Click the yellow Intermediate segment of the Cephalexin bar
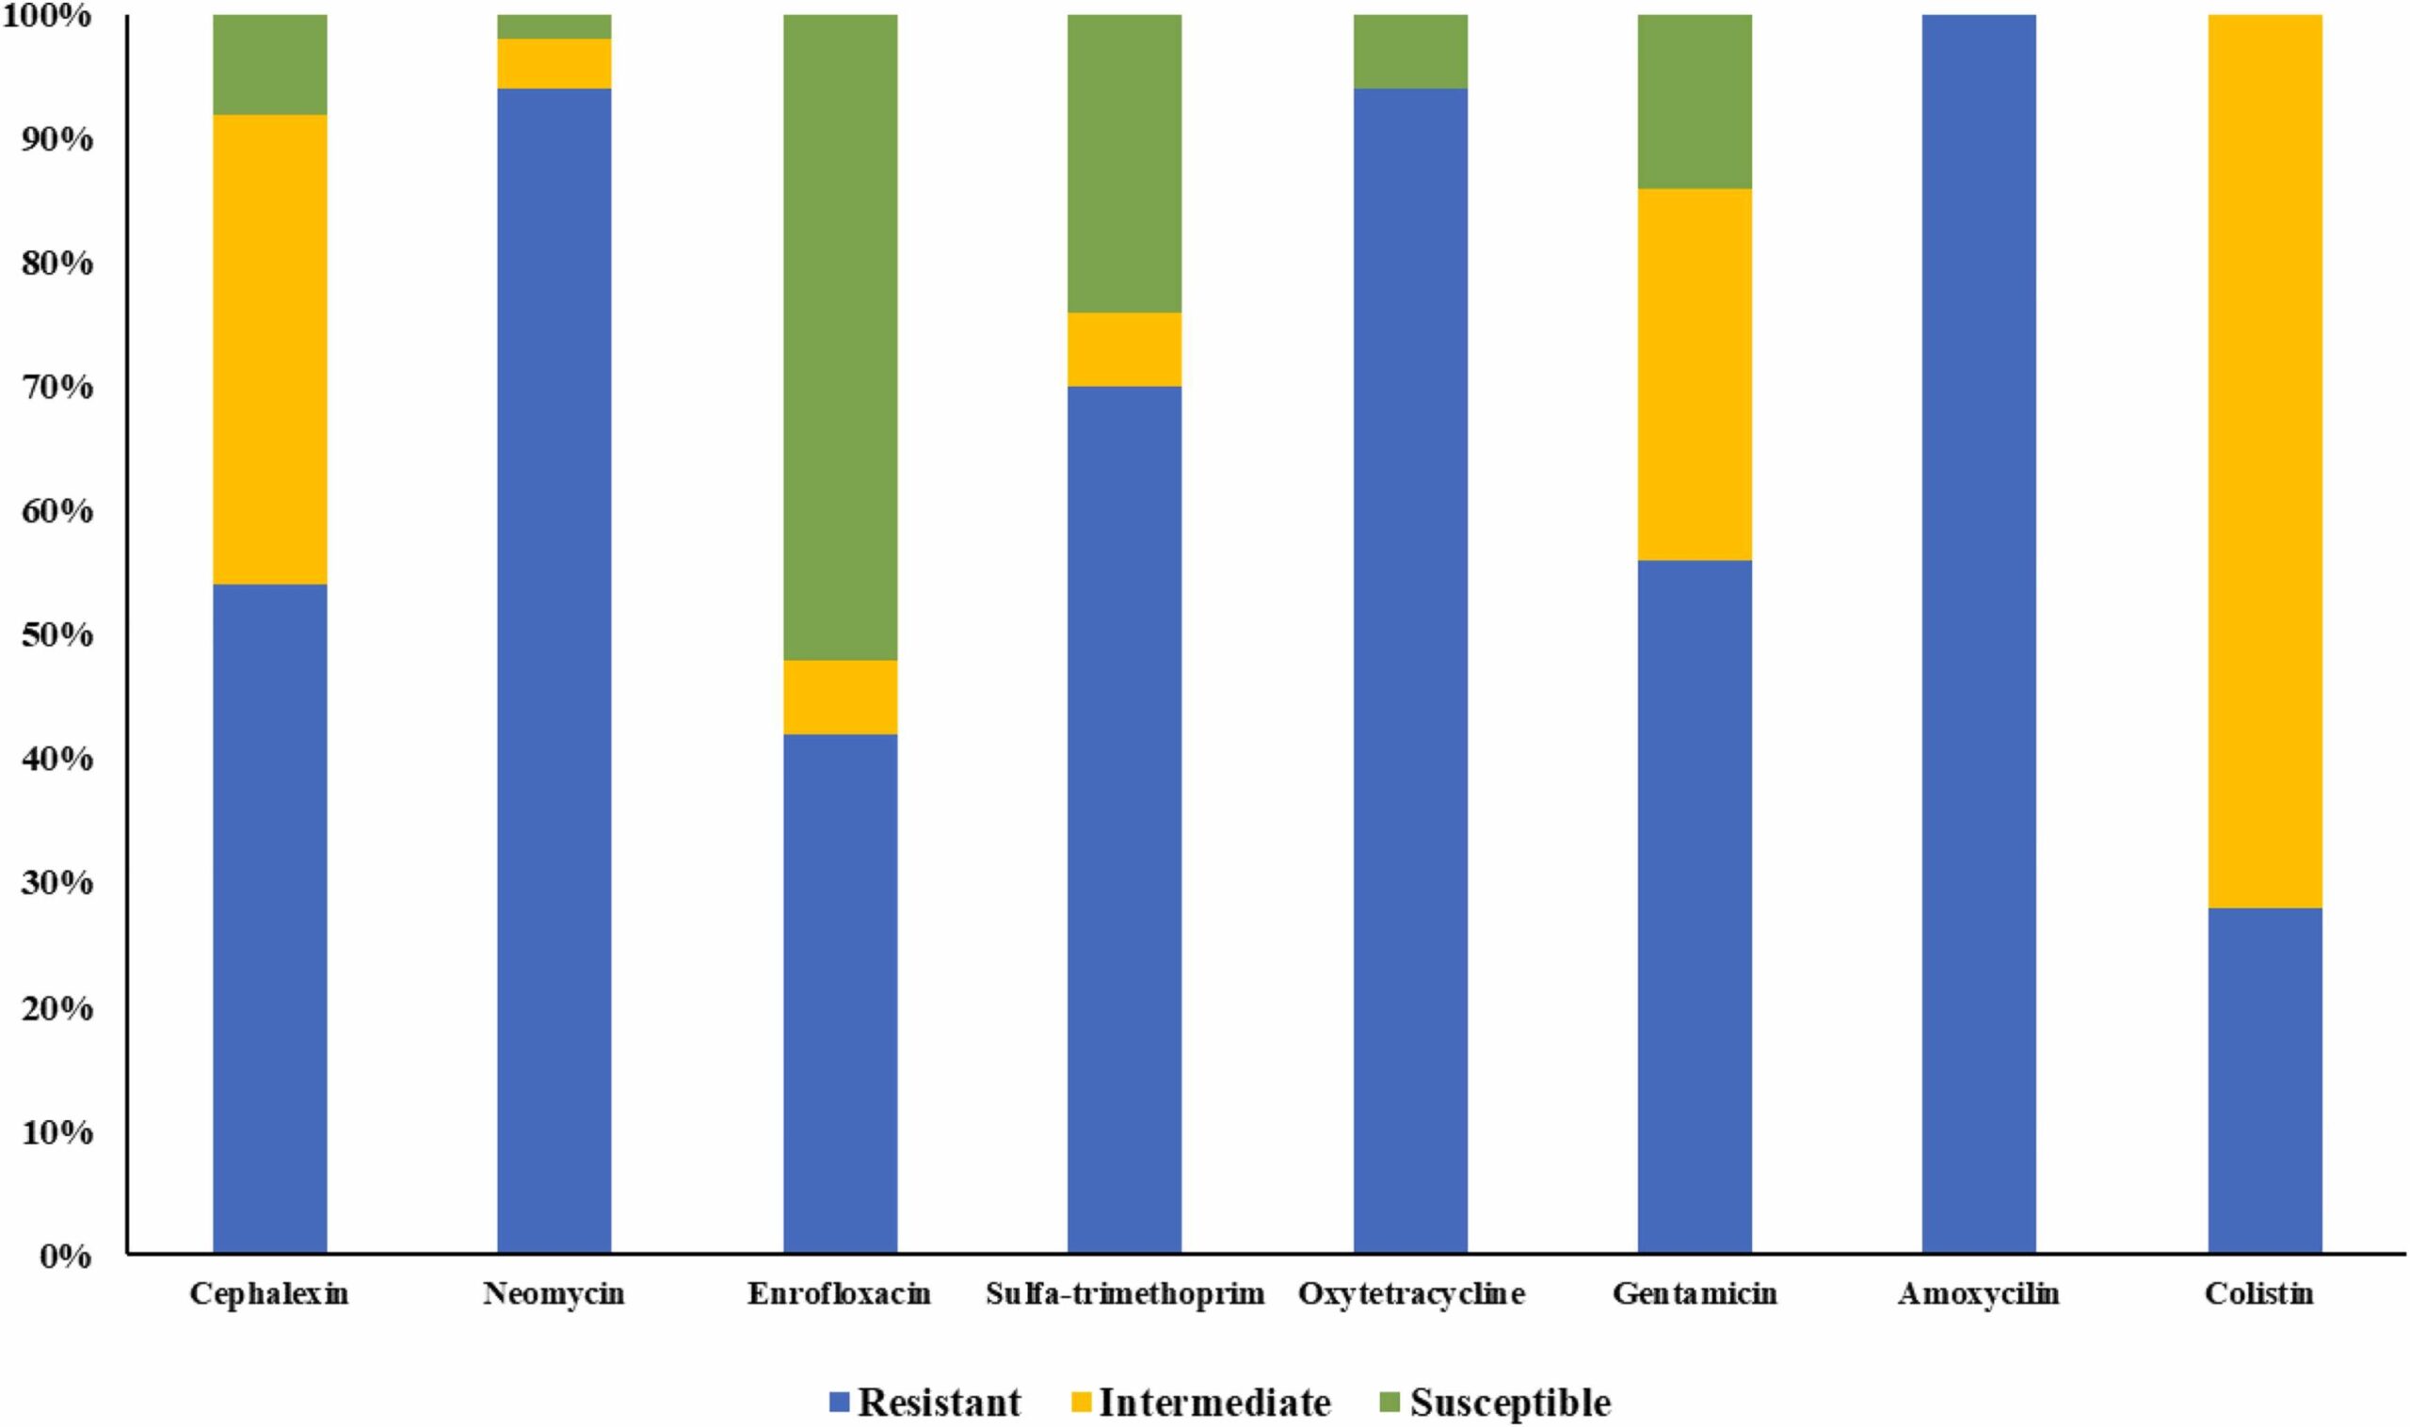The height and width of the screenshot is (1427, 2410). pyautogui.click(x=269, y=349)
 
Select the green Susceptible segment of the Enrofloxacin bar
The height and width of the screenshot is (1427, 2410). pyautogui.click(x=840, y=337)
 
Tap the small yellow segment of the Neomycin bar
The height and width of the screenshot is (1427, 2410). pyautogui.click(x=554, y=63)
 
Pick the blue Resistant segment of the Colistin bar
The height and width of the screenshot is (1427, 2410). pyautogui.click(x=2264, y=1079)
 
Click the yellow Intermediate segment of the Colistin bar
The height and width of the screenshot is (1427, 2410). pyautogui.click(x=2264, y=461)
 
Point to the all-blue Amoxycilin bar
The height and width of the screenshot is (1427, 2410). pyautogui.click(x=1978, y=634)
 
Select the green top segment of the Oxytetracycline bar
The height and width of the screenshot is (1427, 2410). pyautogui.click(x=1410, y=52)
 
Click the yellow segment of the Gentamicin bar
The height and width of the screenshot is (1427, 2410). pyautogui.click(x=1695, y=374)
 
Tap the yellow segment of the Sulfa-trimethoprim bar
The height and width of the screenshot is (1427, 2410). pyautogui.click(x=1124, y=349)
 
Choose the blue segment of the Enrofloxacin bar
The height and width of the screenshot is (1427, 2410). pyautogui.click(x=840, y=992)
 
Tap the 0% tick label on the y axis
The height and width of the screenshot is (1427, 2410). pyautogui.click(x=65, y=1256)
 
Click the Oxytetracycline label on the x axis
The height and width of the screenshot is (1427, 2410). pyautogui.click(x=1410, y=1294)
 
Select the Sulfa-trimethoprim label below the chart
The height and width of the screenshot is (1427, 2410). pyautogui.click(x=1124, y=1294)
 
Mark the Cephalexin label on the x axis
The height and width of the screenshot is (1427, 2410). pyautogui.click(x=269, y=1294)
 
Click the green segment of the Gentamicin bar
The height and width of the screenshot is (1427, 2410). pyautogui.click(x=1695, y=101)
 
